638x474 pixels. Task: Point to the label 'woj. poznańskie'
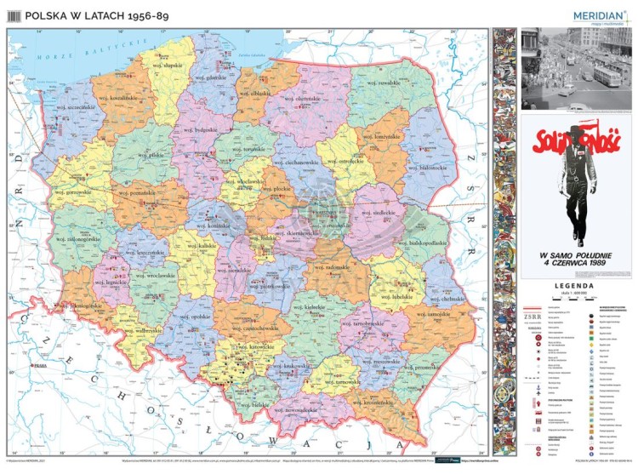pos(143,193)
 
